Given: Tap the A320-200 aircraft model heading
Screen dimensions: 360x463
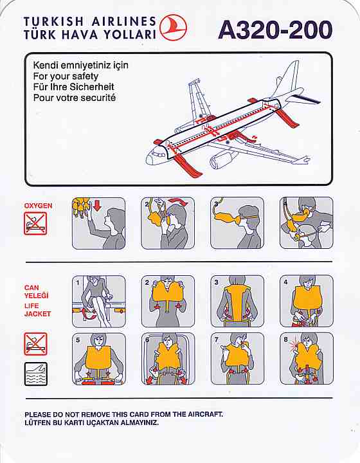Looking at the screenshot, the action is point(275,30).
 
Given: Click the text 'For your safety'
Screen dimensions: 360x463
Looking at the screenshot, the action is point(66,77).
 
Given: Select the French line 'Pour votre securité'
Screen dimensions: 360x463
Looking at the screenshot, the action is point(75,98).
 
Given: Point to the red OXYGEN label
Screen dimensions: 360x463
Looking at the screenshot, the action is point(39,206).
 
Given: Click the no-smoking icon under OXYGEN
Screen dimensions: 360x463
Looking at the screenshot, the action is point(35,224).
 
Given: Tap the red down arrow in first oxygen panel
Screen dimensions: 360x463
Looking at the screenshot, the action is point(97,205).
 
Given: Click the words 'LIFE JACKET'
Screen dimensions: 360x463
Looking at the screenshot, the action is point(37,310).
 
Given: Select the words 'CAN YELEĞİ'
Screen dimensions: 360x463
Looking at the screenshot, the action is point(36,291).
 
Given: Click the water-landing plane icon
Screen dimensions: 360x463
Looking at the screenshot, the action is point(36,374).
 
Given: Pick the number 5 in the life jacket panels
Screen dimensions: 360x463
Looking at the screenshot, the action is point(78,340).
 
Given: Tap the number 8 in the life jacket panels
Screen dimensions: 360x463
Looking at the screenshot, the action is point(285,340).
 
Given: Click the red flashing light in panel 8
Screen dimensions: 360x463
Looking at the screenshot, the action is point(294,343).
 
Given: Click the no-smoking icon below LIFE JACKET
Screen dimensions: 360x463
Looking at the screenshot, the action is point(36,343).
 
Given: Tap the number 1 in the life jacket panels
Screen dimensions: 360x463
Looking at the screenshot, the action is point(78,282).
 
